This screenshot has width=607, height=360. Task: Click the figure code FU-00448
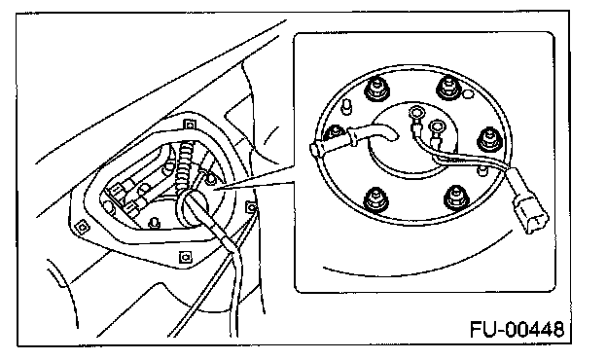coord(518,330)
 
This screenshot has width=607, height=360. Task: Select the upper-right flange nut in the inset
coord(448,88)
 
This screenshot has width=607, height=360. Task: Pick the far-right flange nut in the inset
coord(489,139)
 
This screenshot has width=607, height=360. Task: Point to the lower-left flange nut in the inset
coord(375,199)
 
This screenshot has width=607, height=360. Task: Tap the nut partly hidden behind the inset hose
coord(334,132)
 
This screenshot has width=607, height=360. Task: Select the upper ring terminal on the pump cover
coord(416,114)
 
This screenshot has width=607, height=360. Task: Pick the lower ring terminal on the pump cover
coord(436,126)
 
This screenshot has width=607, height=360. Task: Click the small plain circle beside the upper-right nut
coord(467,93)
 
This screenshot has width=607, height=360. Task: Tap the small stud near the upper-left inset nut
coord(347,106)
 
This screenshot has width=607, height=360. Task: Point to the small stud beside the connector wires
coord(482,170)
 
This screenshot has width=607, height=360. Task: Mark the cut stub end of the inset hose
coord(314,150)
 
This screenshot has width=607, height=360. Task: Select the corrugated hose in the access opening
coord(185,166)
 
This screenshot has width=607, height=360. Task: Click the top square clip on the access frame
coord(189,126)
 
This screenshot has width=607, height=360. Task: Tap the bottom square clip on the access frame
coord(185,257)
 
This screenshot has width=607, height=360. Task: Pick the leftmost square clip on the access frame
coord(81,227)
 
